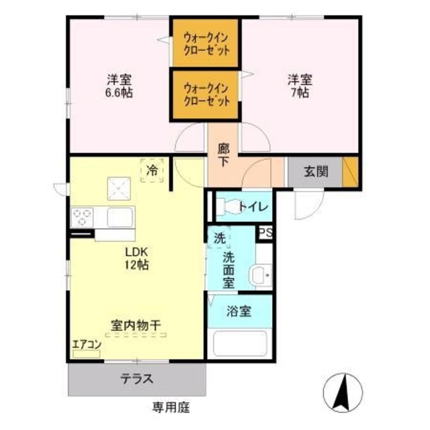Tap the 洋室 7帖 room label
tap(300, 86)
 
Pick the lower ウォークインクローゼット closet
tap(206, 95)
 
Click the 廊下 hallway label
tap(223, 156)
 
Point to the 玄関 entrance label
tap(316, 172)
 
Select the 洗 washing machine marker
tap(219, 237)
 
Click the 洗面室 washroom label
tap(228, 270)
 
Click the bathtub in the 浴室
tap(240, 343)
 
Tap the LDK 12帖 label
tap(137, 258)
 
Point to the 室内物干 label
tap(136, 326)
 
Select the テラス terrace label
tap(136, 379)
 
